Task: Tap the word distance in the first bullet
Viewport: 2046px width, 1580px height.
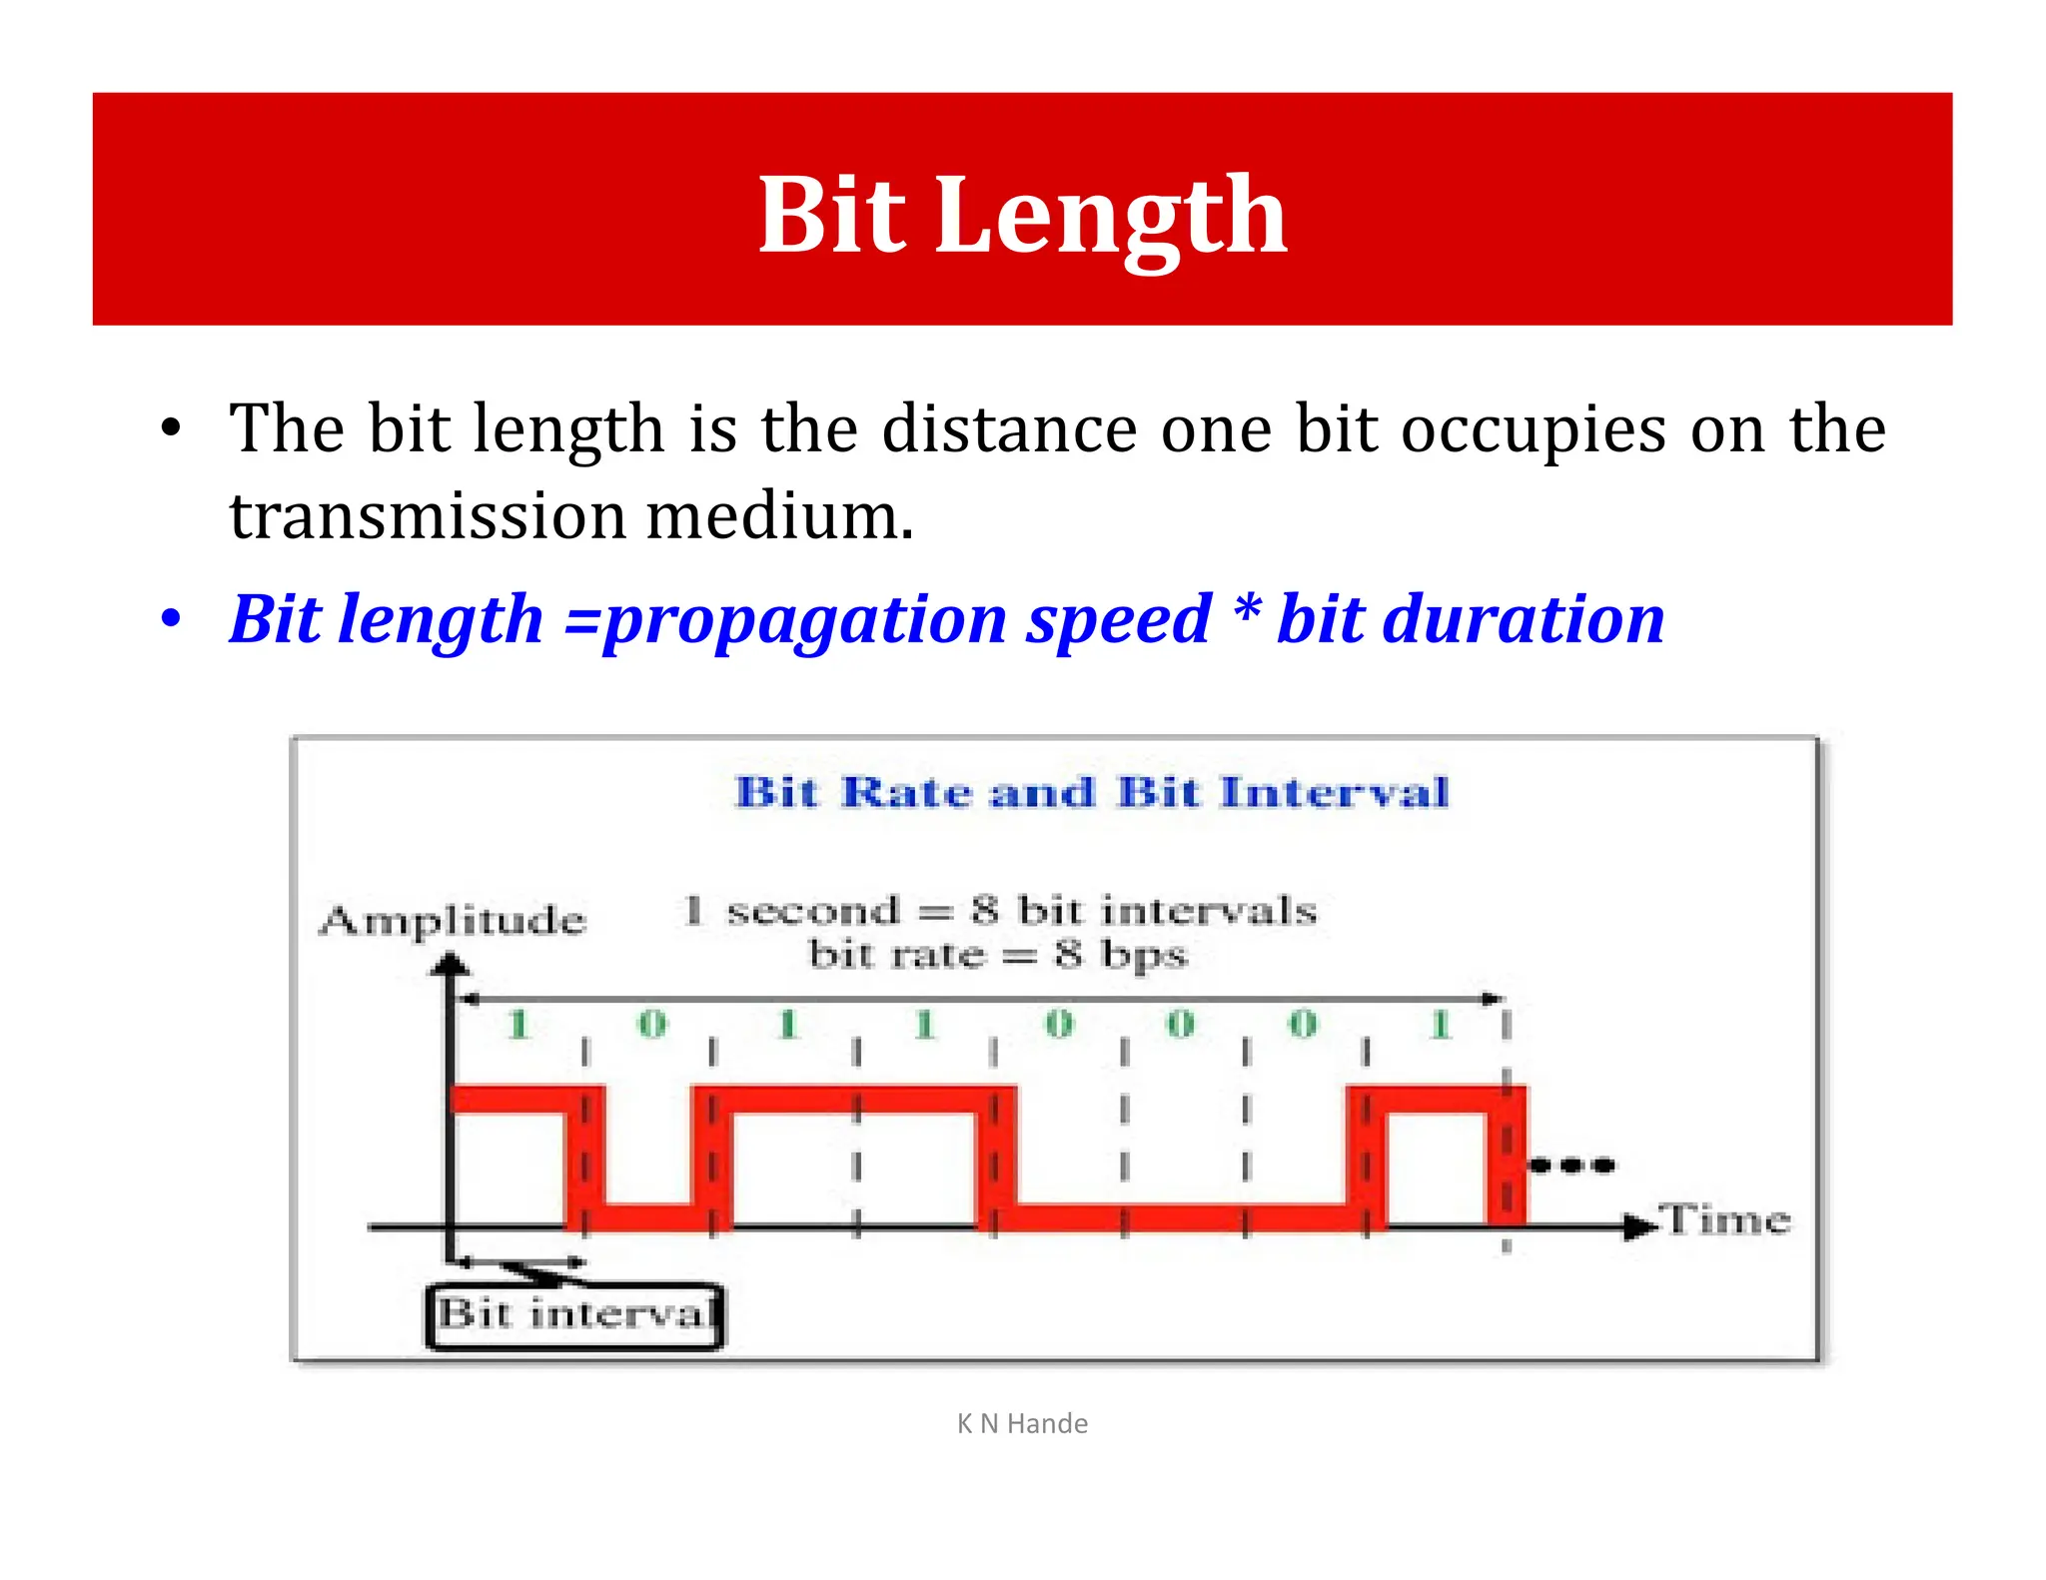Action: [x=1009, y=429]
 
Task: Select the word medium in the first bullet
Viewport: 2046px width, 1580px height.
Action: [x=779, y=516]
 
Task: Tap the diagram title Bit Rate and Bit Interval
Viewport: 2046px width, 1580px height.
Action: [x=1091, y=793]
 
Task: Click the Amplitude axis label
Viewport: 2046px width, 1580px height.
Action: [x=453, y=920]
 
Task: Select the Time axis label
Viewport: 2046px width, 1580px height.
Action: [x=1725, y=1220]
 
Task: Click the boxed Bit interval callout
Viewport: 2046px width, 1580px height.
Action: [x=575, y=1314]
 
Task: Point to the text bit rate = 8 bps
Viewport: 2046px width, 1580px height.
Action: [x=997, y=956]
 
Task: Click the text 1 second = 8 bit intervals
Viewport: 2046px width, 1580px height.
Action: [x=1000, y=911]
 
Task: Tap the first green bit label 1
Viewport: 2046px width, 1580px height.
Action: [x=517, y=1025]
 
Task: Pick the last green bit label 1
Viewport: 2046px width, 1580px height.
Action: [x=1440, y=1025]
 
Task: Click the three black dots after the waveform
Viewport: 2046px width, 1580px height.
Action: [x=1572, y=1165]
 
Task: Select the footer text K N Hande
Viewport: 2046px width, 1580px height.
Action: [x=1022, y=1423]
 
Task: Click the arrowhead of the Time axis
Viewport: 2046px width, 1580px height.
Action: [x=1638, y=1226]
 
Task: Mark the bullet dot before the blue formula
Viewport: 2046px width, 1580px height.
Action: [x=172, y=619]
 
